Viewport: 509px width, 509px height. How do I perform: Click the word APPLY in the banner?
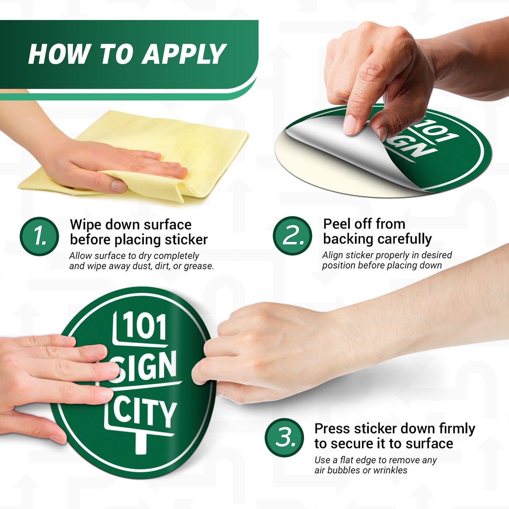pyautogui.click(x=184, y=54)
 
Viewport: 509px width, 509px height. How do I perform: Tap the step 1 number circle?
pyautogui.click(x=39, y=236)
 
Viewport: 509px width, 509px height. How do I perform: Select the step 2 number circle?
pyautogui.click(x=292, y=236)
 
